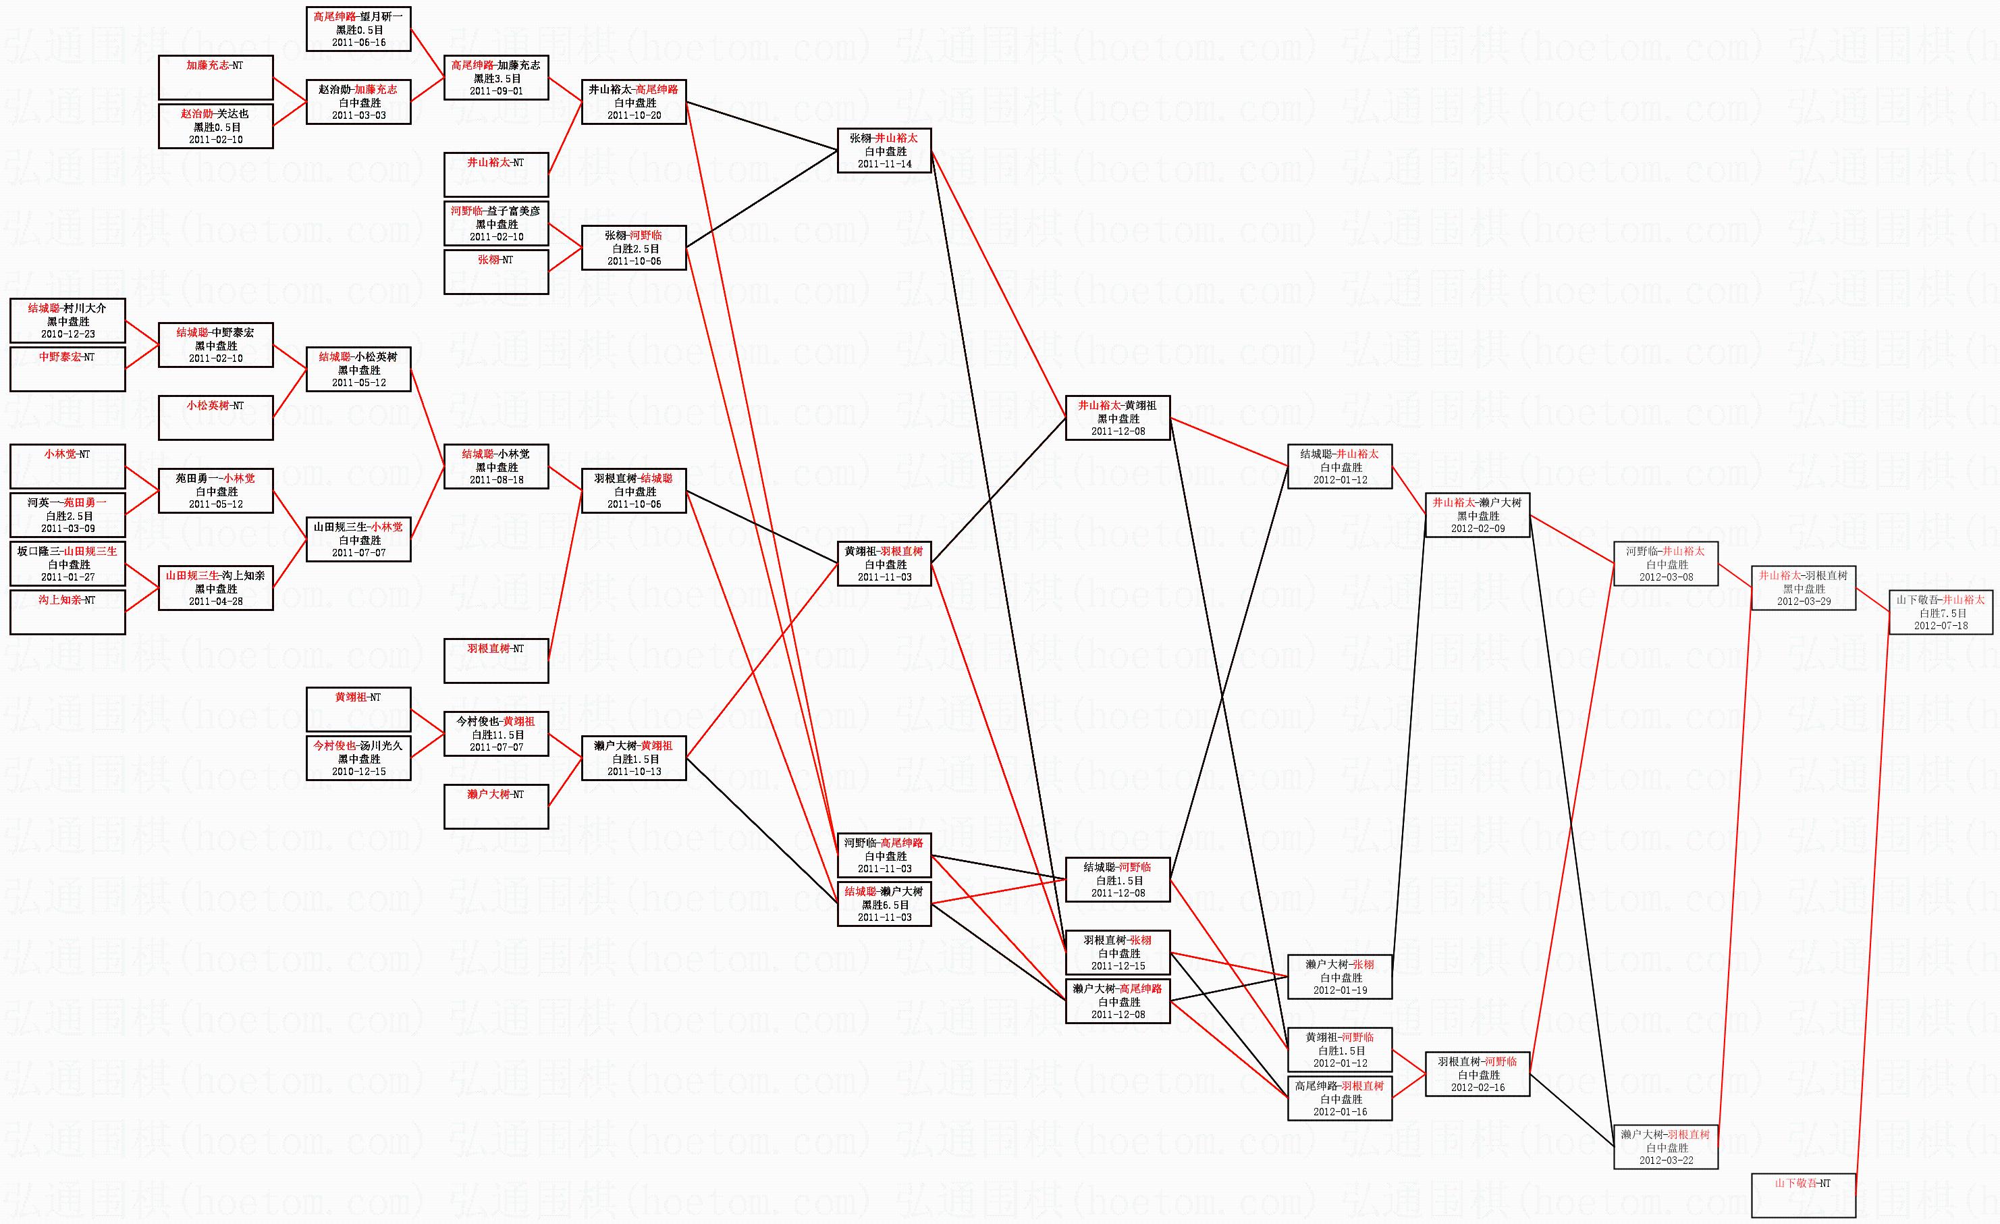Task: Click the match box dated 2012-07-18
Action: pyautogui.click(x=1941, y=612)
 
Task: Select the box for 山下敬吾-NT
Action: pyautogui.click(x=1804, y=1196)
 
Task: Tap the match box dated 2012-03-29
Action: pyautogui.click(x=1804, y=587)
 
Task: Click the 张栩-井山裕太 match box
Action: pyautogui.click(x=884, y=150)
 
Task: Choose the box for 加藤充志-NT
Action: pyautogui.click(x=216, y=77)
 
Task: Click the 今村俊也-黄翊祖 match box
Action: pyautogui.click(x=496, y=734)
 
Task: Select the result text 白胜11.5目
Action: pyautogui.click(x=496, y=735)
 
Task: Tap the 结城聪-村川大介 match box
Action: pyautogui.click(x=67, y=321)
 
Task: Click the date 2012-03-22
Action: pyautogui.click(x=1666, y=1161)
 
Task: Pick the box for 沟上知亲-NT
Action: pyautogui.click(x=67, y=612)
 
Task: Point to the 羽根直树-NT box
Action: pyautogui.click(x=496, y=661)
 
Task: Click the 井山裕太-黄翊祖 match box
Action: pyautogui.click(x=1118, y=418)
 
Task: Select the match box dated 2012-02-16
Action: pyautogui.click(x=1478, y=1074)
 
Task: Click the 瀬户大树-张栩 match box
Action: pyautogui.click(x=1340, y=976)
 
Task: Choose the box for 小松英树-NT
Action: pyautogui.click(x=216, y=418)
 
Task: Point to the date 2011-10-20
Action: pyautogui.click(x=634, y=115)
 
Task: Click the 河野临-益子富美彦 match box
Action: pyautogui.click(x=496, y=223)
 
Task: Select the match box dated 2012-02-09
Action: pyautogui.click(x=1478, y=514)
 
